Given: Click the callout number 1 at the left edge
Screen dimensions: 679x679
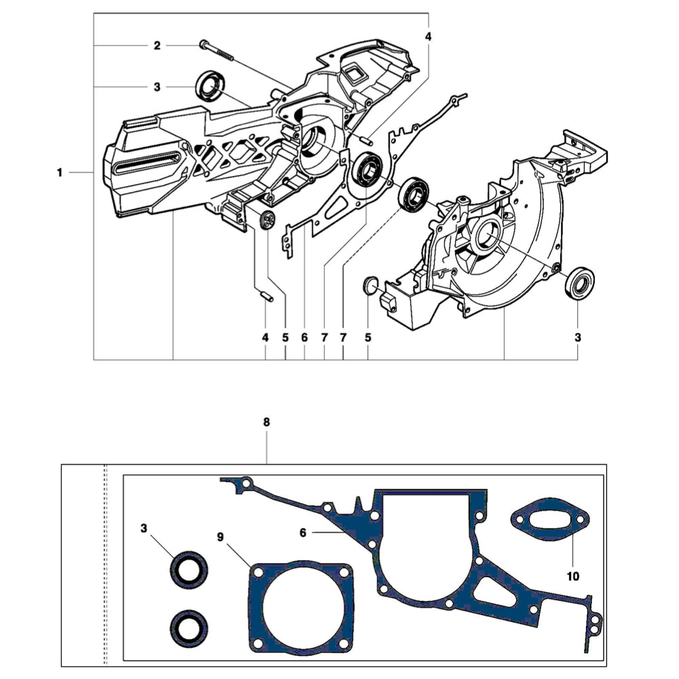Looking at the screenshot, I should (x=60, y=173).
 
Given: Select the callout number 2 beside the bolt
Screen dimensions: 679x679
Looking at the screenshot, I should (x=157, y=45).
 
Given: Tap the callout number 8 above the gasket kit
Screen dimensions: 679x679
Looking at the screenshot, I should (x=266, y=422).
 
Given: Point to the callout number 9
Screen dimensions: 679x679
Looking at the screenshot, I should (x=220, y=536).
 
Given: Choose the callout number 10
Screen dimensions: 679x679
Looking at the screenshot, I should (x=572, y=576).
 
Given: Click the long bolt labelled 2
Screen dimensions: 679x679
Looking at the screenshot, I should (x=217, y=52).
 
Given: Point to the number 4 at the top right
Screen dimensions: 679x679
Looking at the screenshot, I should (x=428, y=35).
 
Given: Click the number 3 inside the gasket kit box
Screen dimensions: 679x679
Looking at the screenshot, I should (x=144, y=528).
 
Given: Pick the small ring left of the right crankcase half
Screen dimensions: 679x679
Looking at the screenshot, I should (x=369, y=286).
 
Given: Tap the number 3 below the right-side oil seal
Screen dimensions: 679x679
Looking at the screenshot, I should (x=577, y=337).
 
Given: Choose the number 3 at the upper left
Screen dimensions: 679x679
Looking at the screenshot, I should (x=157, y=87).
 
